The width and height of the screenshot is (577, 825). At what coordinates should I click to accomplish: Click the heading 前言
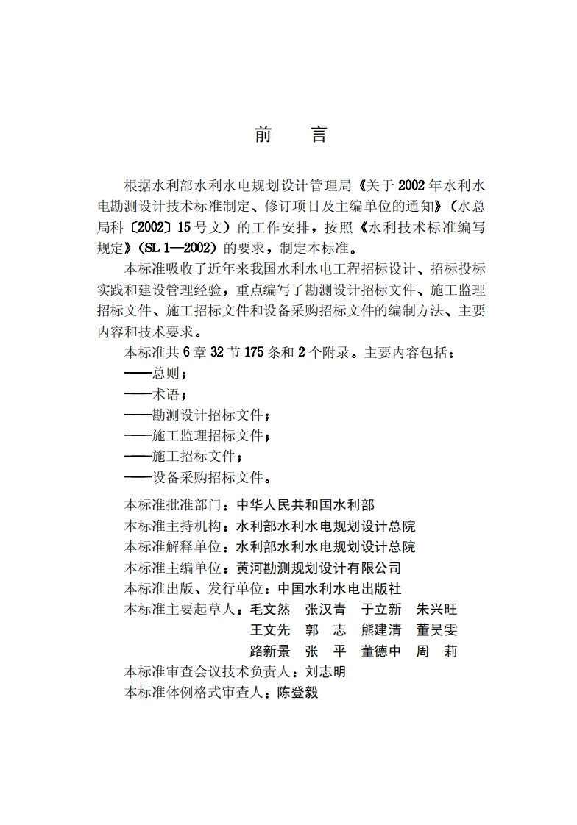[x=289, y=135]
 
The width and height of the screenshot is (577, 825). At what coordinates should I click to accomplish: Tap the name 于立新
[x=381, y=610]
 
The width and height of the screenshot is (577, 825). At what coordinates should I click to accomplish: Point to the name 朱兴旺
[x=436, y=610]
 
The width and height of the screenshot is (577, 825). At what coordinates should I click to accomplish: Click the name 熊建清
[x=381, y=630]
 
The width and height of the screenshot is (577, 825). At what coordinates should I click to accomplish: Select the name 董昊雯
[x=436, y=630]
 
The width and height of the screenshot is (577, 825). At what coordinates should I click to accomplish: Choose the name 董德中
[x=381, y=651]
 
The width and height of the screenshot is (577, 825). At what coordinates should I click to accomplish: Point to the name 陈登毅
[x=297, y=693]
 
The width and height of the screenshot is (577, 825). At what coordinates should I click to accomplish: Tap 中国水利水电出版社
[x=339, y=588]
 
